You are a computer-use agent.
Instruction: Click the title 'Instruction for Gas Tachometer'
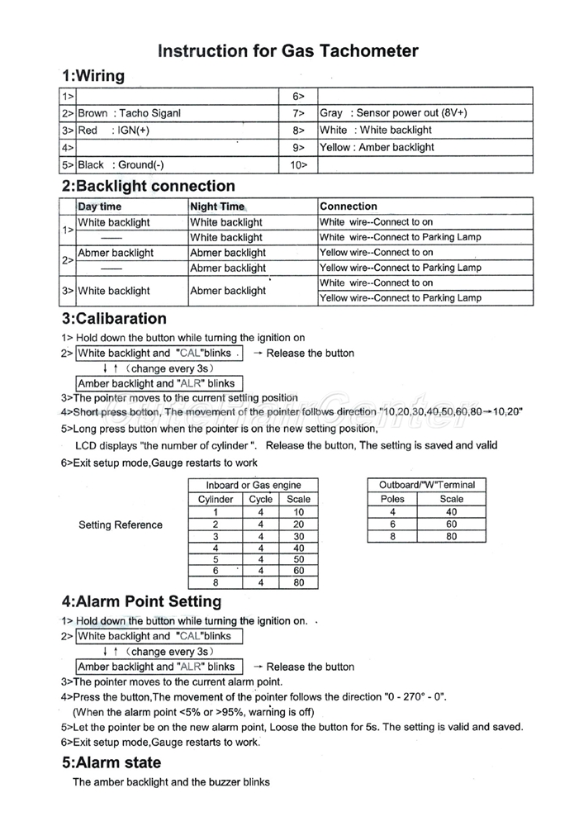287,51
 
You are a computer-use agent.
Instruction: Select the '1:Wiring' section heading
93,76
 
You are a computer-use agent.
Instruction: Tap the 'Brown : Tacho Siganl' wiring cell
129,113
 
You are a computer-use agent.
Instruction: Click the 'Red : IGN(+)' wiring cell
113,131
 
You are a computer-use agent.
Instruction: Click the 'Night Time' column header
217,206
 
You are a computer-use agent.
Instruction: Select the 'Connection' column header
349,206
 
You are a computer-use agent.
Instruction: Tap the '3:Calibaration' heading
114,319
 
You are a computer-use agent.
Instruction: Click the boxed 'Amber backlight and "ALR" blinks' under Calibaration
156,383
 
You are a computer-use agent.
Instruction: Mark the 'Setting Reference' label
121,525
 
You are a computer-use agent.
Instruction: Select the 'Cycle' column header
261,499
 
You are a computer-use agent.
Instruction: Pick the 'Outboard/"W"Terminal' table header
427,485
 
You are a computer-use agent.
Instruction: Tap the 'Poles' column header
392,499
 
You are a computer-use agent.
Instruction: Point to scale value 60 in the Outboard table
452,524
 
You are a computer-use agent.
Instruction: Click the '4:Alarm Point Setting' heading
141,601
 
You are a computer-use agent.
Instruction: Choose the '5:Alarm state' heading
112,762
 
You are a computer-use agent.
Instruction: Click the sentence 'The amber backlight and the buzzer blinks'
171,782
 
